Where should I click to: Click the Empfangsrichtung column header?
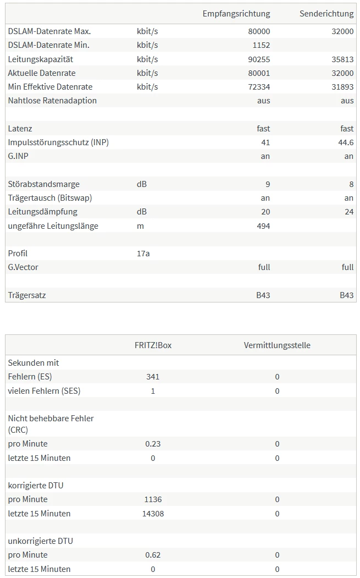click(x=236, y=14)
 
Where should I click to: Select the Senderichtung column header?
click(x=326, y=14)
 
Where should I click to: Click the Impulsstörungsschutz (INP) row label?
click(x=58, y=142)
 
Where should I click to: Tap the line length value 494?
click(x=263, y=226)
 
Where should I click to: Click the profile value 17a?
click(x=143, y=254)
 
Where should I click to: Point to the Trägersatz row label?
click(x=27, y=295)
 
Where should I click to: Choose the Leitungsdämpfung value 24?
click(x=349, y=212)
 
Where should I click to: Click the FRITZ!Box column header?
click(x=153, y=345)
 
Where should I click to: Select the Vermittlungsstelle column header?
click(x=277, y=345)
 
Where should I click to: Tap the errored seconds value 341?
click(x=153, y=377)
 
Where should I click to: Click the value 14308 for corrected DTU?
click(x=153, y=514)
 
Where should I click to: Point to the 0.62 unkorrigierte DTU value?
click(x=153, y=555)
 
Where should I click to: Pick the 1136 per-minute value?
click(x=153, y=499)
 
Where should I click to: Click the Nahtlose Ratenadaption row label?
click(x=52, y=101)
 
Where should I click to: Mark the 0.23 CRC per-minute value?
click(x=153, y=444)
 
